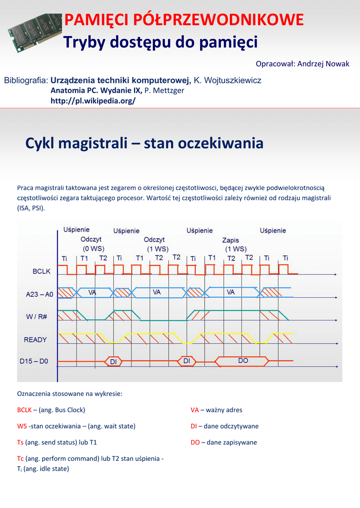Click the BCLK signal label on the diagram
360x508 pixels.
[x=41, y=272]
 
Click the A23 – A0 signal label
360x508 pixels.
[x=39, y=294]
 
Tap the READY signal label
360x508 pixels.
[x=35, y=340]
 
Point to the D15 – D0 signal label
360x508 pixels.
[x=34, y=362]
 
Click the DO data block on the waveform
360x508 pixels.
[x=243, y=361]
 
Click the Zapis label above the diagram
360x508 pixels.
[x=230, y=240]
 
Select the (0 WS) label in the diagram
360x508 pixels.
[x=93, y=249]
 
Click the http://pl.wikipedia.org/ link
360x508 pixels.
[x=93, y=101]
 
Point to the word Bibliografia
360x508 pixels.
[x=26, y=80]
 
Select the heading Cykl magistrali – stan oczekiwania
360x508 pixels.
[x=144, y=144]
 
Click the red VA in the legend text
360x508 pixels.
[x=195, y=410]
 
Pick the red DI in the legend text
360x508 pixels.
[x=194, y=426]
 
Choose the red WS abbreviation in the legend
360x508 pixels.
[x=22, y=426]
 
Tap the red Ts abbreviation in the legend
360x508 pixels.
[x=20, y=442]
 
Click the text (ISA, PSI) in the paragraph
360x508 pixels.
[x=31, y=208]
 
